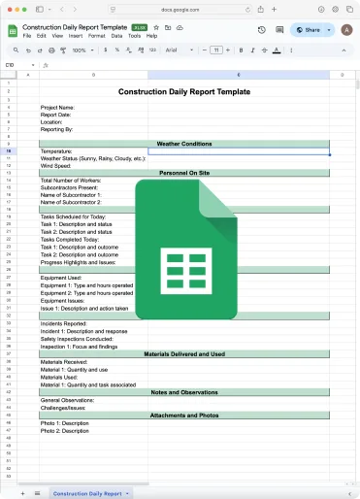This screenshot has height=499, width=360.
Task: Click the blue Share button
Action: click(308, 30)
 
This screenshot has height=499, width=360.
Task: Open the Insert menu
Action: click(74, 36)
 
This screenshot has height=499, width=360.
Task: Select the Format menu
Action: click(96, 36)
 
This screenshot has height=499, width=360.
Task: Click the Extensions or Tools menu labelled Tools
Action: click(135, 36)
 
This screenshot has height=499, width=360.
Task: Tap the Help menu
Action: click(151, 36)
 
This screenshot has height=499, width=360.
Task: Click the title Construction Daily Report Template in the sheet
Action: click(183, 92)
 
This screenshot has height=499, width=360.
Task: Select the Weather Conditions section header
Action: click(183, 144)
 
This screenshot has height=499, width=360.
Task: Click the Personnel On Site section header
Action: click(183, 173)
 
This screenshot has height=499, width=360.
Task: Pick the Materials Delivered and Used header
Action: click(183, 355)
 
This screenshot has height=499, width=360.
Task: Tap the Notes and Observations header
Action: click(183, 392)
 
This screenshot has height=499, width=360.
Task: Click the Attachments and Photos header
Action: click(183, 416)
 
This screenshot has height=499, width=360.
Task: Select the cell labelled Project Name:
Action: click(58, 108)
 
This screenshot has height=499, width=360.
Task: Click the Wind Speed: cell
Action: click(57, 166)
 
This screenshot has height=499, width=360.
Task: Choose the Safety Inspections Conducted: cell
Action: click(78, 339)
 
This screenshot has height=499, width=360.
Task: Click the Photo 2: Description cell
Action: click(65, 431)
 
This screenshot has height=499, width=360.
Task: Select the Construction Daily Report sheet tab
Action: click(87, 493)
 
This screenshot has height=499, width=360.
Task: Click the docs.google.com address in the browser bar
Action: click(180, 14)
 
